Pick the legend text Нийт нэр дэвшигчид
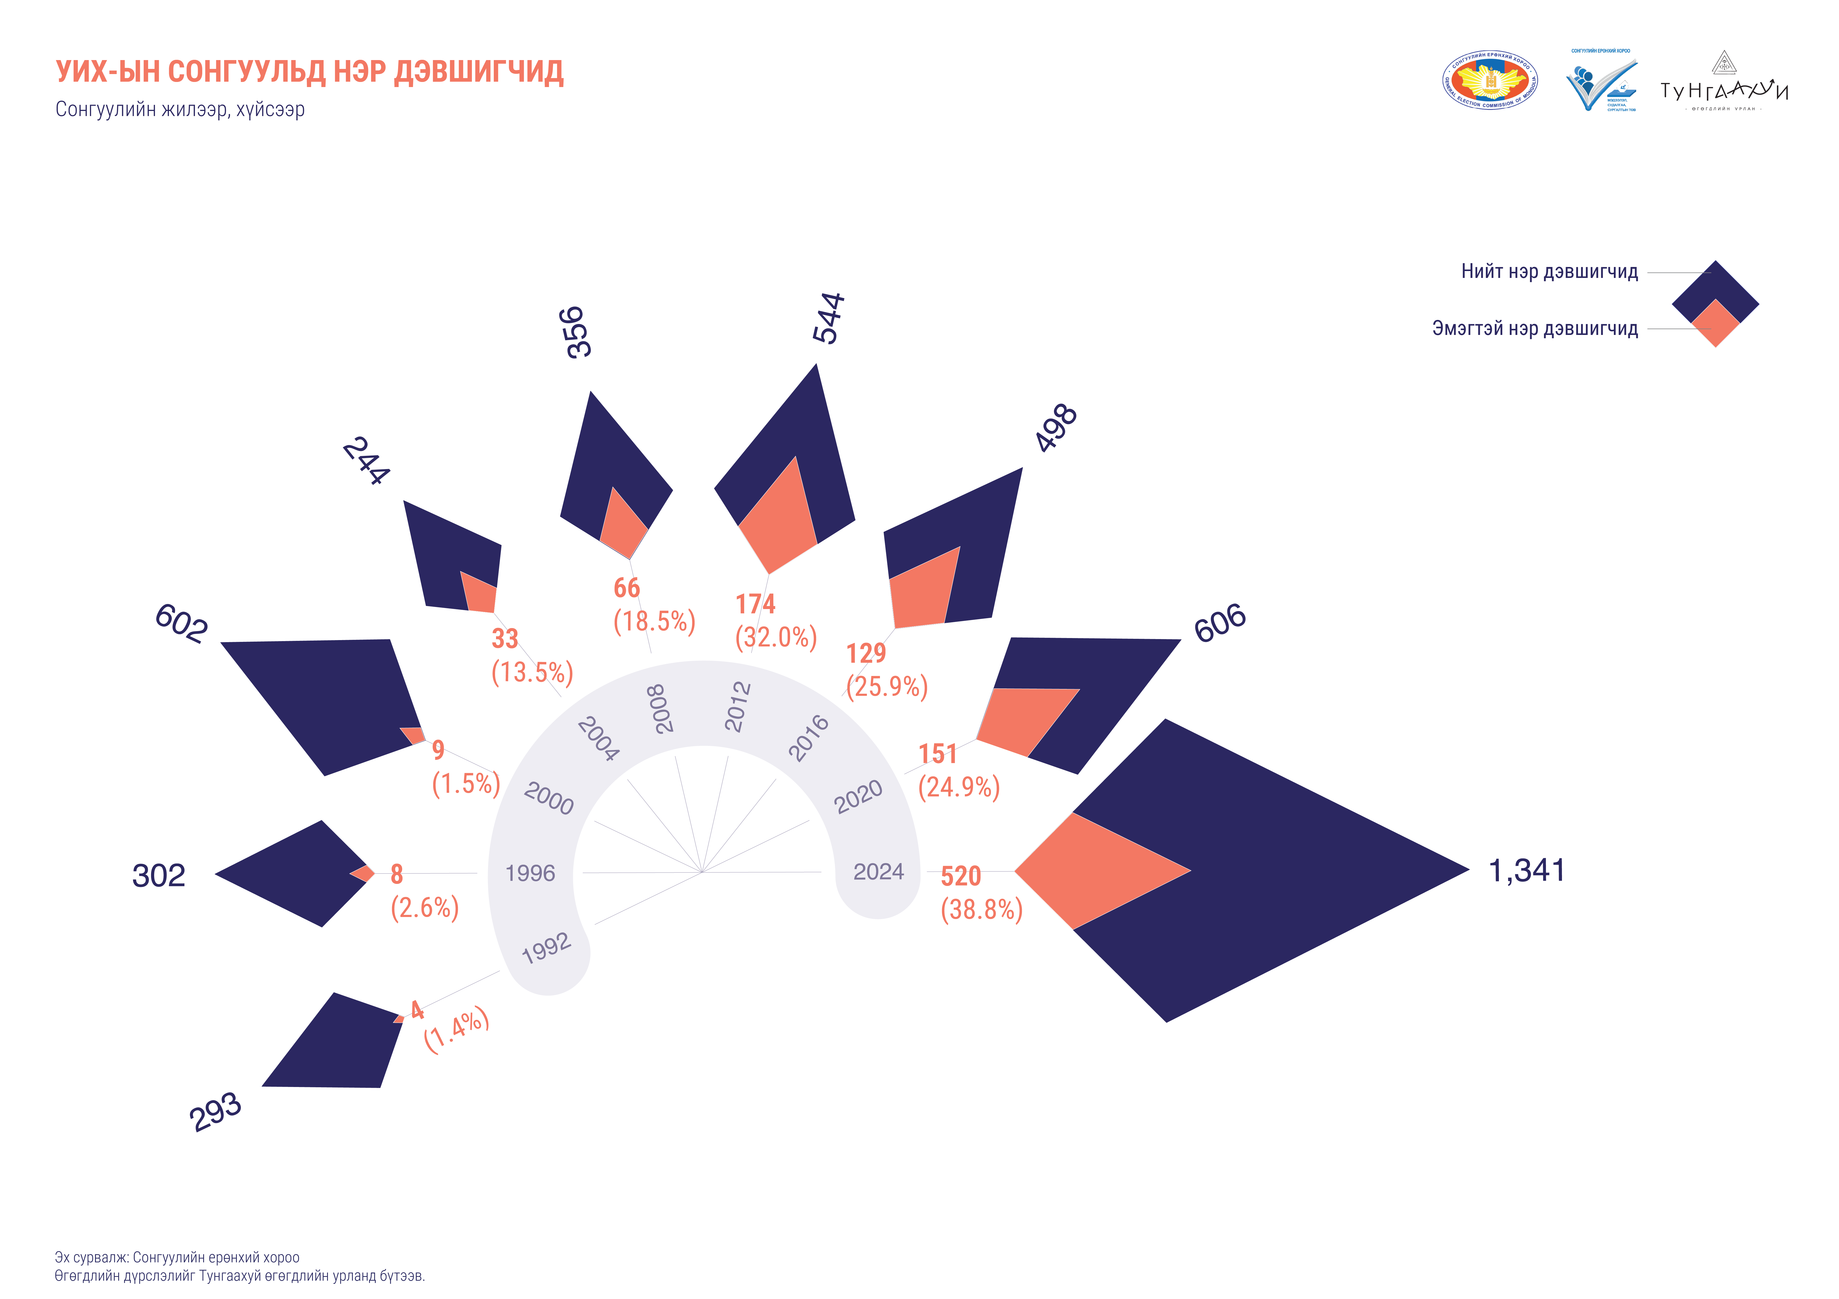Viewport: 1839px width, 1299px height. point(1549,272)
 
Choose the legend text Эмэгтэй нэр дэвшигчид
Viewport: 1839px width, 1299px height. point(1535,329)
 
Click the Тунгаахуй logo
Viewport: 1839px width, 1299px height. point(1724,84)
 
